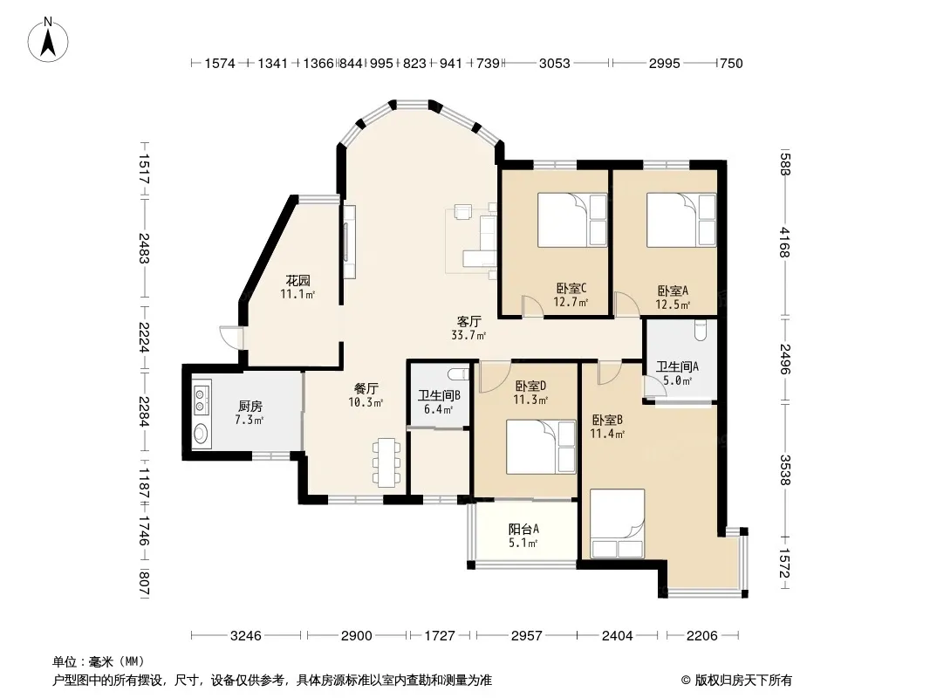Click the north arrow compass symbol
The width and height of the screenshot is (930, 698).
pyautogui.click(x=48, y=39)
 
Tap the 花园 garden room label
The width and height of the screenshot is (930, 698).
pyautogui.click(x=297, y=280)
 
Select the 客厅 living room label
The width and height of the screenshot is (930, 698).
pyautogui.click(x=468, y=321)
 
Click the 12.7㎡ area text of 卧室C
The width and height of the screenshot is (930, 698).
pyautogui.click(x=571, y=302)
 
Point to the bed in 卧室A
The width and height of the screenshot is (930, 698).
pyautogui.click(x=680, y=219)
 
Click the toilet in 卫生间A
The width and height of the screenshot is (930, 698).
pyautogui.click(x=701, y=330)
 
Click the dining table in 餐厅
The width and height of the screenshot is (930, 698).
pyautogui.click(x=386, y=462)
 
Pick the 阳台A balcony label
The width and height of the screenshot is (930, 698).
pyautogui.click(x=523, y=529)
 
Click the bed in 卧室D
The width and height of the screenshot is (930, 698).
pyautogui.click(x=541, y=447)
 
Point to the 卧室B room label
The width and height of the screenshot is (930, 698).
pyautogui.click(x=607, y=420)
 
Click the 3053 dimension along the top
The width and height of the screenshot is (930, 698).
pyautogui.click(x=555, y=63)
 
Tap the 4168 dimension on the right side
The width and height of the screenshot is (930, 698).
pyautogui.click(x=784, y=242)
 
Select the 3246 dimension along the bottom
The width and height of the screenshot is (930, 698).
pyautogui.click(x=245, y=636)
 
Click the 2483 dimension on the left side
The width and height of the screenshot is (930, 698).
pyautogui.click(x=144, y=248)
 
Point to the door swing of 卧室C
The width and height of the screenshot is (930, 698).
pyautogui.click(x=533, y=305)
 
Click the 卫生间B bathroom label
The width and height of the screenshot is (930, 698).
pyautogui.click(x=439, y=395)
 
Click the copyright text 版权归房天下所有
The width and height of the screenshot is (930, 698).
pyautogui.click(x=743, y=681)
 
